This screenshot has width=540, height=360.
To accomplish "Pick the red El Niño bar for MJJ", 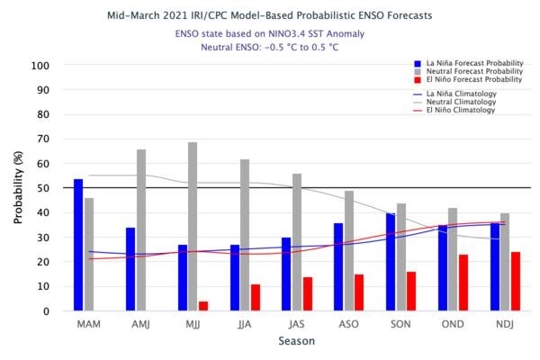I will [x=203, y=306].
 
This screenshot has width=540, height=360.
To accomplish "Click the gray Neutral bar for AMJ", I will [x=141, y=230].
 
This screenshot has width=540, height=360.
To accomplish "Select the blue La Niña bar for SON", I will [x=391, y=262].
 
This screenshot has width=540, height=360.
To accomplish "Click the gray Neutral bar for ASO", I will [x=349, y=251].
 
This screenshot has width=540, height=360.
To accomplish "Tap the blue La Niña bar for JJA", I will [x=235, y=277].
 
